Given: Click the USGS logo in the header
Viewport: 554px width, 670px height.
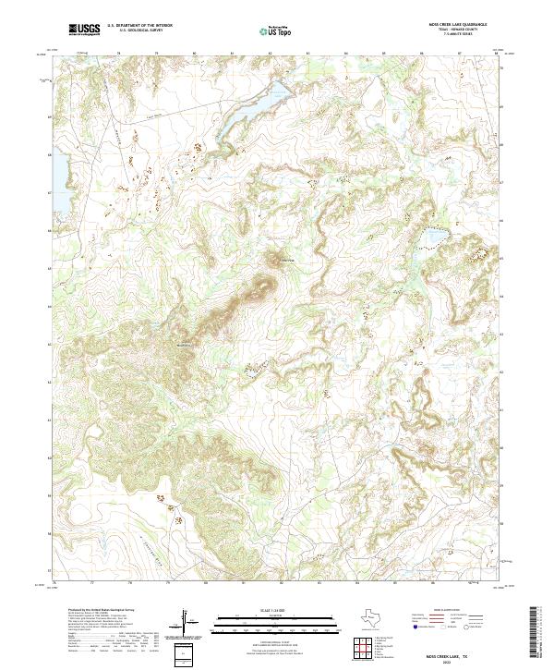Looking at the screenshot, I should click(85, 30).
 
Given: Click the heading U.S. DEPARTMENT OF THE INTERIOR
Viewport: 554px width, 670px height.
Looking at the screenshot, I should click(139, 27).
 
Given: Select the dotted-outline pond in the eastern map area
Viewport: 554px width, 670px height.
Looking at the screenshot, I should click(431, 240).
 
